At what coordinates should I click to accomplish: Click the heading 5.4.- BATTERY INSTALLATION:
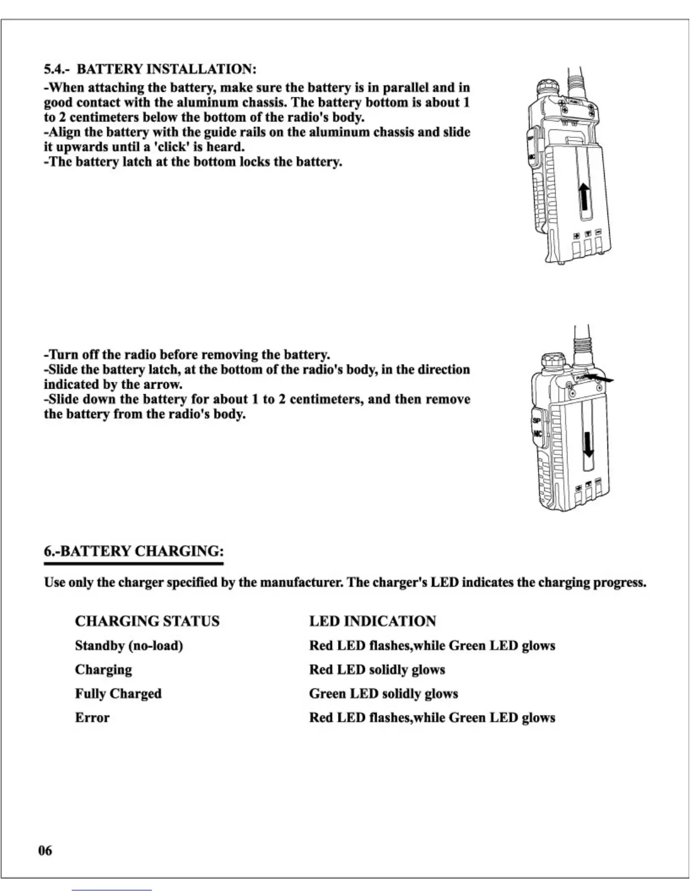(x=150, y=69)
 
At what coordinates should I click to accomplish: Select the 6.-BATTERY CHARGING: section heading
(x=134, y=551)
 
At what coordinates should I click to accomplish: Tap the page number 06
(x=45, y=850)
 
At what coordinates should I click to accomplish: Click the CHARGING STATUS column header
(x=147, y=621)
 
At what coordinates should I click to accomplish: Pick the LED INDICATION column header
(x=372, y=621)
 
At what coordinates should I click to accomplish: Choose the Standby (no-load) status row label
(x=129, y=645)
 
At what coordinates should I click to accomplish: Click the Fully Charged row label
(x=118, y=693)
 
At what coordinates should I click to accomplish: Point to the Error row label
(x=92, y=718)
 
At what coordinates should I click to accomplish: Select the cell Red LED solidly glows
(x=377, y=670)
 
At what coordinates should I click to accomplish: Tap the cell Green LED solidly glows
(x=383, y=693)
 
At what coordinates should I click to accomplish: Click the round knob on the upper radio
(x=547, y=87)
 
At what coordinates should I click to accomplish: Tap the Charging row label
(x=103, y=670)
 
